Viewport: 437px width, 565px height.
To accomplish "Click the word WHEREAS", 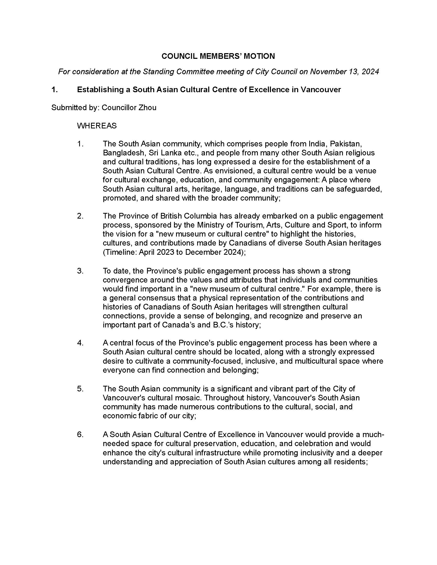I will [x=97, y=126].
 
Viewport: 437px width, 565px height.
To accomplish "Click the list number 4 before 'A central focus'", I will [x=80, y=343].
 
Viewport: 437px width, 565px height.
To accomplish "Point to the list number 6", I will [x=80, y=434].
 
